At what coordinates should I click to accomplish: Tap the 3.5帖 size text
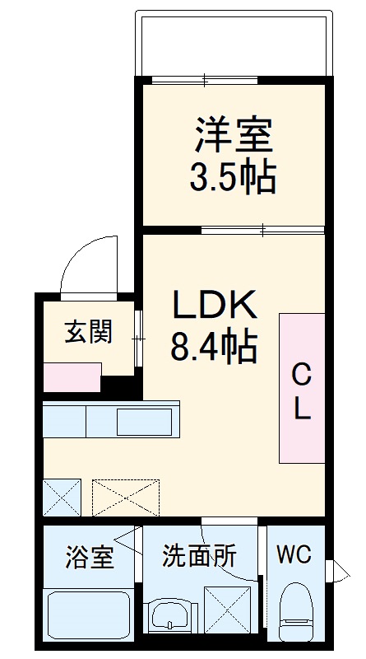point(233,176)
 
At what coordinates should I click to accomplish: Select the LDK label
point(214,306)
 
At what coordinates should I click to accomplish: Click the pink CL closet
point(301,388)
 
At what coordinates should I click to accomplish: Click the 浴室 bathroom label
point(89,557)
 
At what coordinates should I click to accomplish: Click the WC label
point(294,554)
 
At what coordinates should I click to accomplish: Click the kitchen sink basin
point(144,421)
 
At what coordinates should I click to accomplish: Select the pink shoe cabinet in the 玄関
point(72,377)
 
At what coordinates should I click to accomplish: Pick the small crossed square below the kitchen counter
point(63,497)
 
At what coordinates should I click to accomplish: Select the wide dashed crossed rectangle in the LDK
point(126,497)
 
